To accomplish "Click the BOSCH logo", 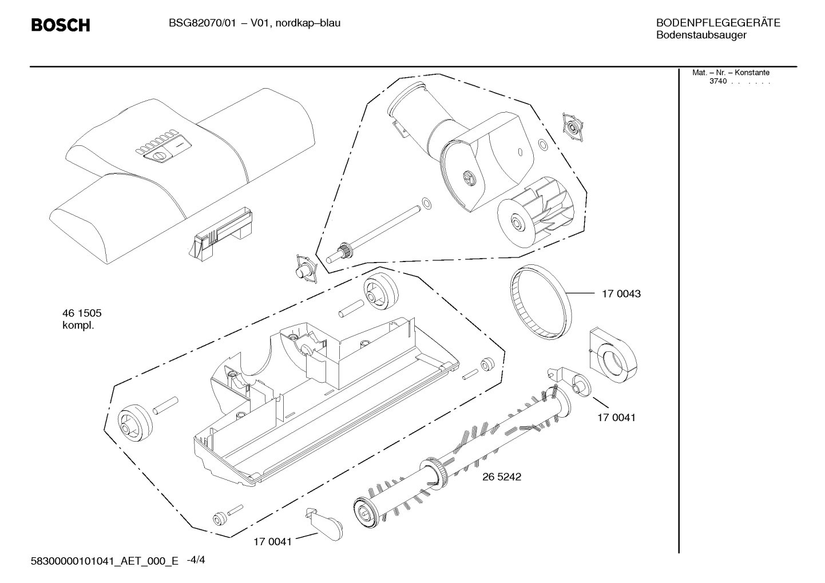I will tap(60, 25).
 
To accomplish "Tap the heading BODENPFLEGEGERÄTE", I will tap(717, 23).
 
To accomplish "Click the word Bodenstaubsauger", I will tap(701, 35).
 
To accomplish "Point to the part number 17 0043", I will tap(621, 294).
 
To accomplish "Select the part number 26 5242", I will tap(502, 477).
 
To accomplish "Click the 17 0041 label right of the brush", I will tap(616, 418).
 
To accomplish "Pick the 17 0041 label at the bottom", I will tap(272, 542).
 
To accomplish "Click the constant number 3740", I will tap(717, 81).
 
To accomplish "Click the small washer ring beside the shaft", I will tap(426, 202).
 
